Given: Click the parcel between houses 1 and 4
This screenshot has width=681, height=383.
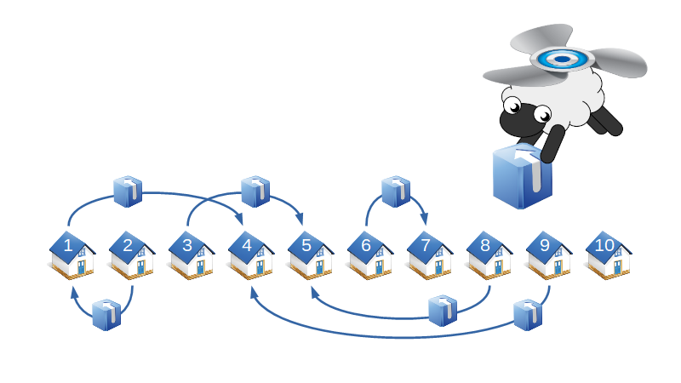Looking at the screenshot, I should (128, 191).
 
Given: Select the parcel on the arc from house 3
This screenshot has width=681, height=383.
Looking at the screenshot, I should (255, 191).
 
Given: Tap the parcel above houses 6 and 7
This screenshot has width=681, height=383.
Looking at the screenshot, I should (396, 191).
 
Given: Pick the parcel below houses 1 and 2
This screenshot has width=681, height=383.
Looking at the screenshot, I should (106, 314).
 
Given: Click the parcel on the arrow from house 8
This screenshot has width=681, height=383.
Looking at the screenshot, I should (443, 311).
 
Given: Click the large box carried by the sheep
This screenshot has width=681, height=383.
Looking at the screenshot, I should (522, 177).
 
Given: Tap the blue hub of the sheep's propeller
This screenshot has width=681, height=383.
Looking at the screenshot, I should (561, 59).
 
